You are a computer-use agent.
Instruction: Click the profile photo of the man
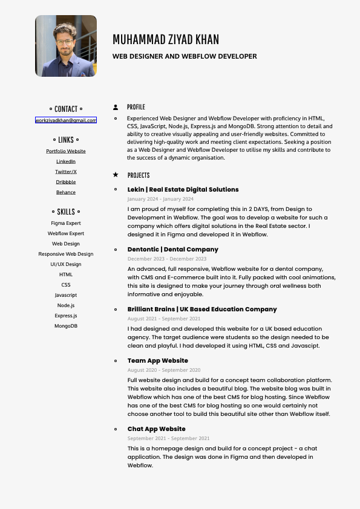click(x=66, y=46)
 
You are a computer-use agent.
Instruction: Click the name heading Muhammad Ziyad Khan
click(x=166, y=40)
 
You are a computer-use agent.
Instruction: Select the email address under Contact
click(x=66, y=120)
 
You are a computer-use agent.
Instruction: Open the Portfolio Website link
click(x=66, y=151)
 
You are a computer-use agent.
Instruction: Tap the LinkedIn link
click(x=66, y=161)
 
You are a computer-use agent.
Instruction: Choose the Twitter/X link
click(x=66, y=172)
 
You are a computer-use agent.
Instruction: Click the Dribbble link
click(x=66, y=182)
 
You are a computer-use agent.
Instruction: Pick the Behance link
click(x=66, y=192)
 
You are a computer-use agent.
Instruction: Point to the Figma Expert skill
click(x=66, y=223)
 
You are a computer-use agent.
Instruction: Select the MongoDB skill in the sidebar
click(x=66, y=326)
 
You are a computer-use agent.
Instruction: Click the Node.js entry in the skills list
click(x=66, y=305)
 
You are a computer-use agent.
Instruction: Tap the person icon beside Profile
click(x=116, y=107)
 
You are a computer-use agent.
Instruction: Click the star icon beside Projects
click(x=116, y=175)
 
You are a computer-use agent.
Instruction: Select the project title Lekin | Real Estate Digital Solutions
click(x=183, y=189)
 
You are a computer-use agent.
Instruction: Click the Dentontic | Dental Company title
click(x=172, y=249)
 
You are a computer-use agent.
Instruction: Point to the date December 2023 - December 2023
click(x=166, y=259)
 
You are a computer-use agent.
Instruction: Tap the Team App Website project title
click(x=157, y=360)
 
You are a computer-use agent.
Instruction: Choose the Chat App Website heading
click(x=156, y=429)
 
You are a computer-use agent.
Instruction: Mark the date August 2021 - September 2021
click(x=163, y=319)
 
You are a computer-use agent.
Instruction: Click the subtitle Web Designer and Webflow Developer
click(x=185, y=56)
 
